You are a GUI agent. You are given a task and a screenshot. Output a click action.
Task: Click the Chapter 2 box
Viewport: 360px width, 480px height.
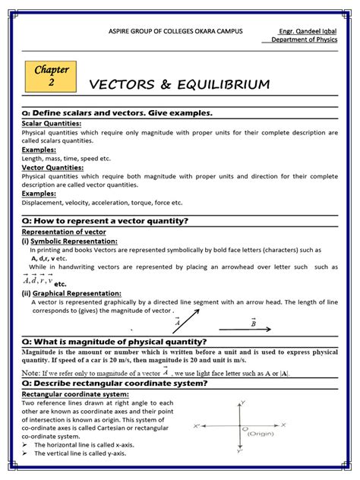click(52, 75)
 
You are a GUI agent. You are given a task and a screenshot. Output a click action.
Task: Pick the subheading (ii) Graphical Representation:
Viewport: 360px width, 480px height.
click(71, 292)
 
